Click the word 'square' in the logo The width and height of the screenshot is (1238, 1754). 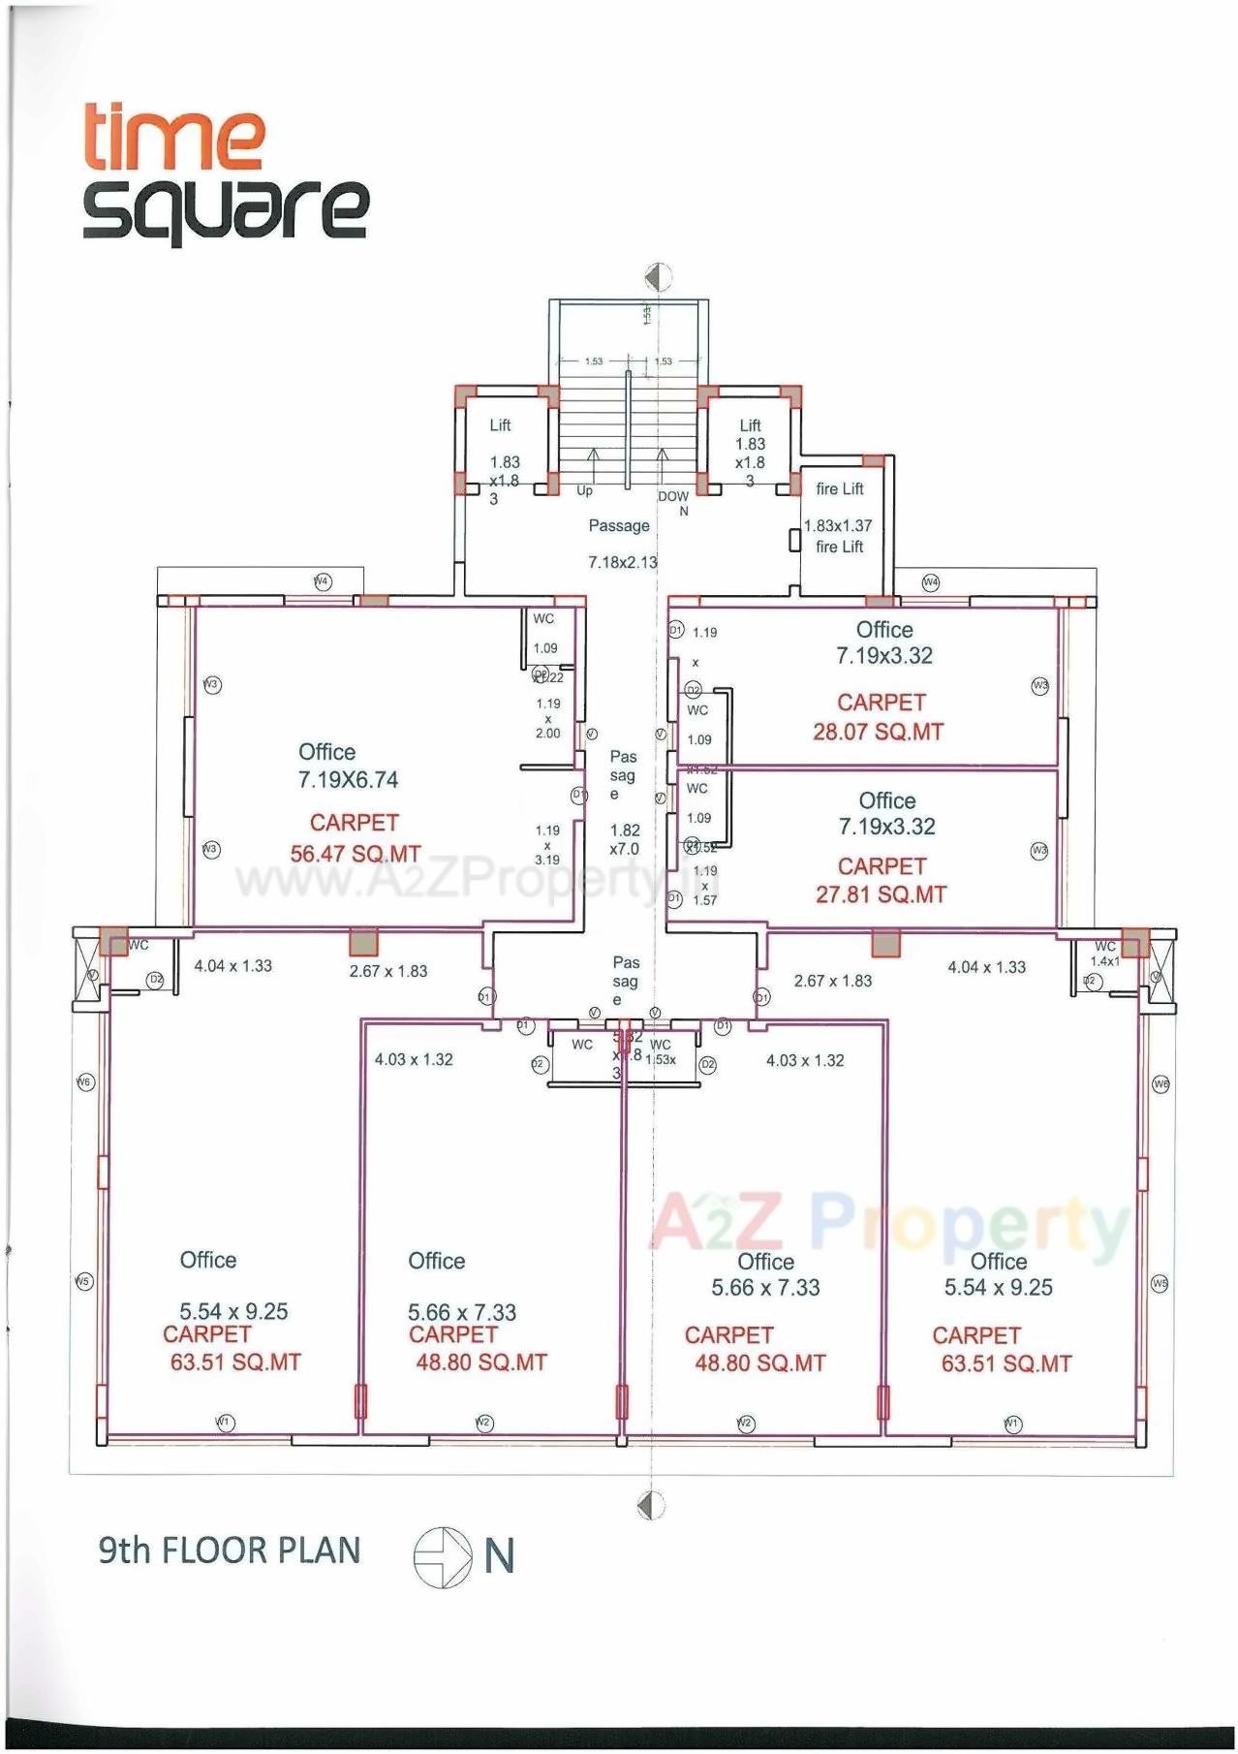pos(225,210)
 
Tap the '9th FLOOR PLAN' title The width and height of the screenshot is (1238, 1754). pos(229,1550)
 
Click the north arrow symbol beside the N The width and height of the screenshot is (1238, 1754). pos(442,1557)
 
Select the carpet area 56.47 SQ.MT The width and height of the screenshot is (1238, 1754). pos(356,854)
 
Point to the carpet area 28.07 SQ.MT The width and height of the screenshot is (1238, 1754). pos(878,732)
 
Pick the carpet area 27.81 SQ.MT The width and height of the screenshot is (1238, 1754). pos(880,894)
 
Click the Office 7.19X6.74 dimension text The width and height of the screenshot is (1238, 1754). pos(348,779)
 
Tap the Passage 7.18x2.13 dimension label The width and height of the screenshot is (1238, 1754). pos(622,562)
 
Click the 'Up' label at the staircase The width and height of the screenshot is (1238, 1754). pos(584,491)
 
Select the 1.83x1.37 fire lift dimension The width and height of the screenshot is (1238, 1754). pos(838,525)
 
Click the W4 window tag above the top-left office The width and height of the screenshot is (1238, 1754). pos(323,581)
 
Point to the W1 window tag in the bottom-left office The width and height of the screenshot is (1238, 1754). pos(225,1422)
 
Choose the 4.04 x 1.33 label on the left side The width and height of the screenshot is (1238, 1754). pos(232,965)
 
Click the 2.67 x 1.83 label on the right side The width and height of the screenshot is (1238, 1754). pos(832,981)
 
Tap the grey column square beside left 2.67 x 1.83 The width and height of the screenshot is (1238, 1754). pos(363,942)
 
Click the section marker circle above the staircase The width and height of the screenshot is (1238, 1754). pos(658,277)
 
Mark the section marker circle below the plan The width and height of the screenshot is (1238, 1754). pos(651,1505)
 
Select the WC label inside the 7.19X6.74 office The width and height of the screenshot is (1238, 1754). pos(543,618)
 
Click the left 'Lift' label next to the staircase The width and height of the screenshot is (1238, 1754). pos(500,424)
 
